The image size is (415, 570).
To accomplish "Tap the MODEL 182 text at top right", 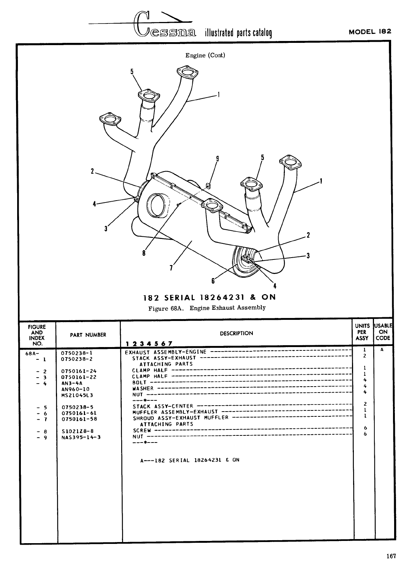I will click(x=370, y=32).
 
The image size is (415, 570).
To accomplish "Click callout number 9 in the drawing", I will click(x=217, y=158).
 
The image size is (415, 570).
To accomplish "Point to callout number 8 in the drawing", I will click(x=144, y=253).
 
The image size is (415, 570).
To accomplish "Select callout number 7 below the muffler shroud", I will click(x=171, y=268).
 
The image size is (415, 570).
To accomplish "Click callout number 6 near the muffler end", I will click(x=213, y=280).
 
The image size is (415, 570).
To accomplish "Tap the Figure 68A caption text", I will click(x=207, y=308).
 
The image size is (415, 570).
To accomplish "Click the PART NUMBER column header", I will click(x=88, y=335).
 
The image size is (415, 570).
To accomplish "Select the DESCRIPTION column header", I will click(x=236, y=333).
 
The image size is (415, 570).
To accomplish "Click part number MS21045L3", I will click(x=77, y=395).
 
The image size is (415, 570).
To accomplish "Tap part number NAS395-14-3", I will click(x=81, y=437).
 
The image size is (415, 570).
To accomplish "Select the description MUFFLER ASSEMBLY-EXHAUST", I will click(x=175, y=412).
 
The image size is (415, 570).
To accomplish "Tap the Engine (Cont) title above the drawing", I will click(x=205, y=56).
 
